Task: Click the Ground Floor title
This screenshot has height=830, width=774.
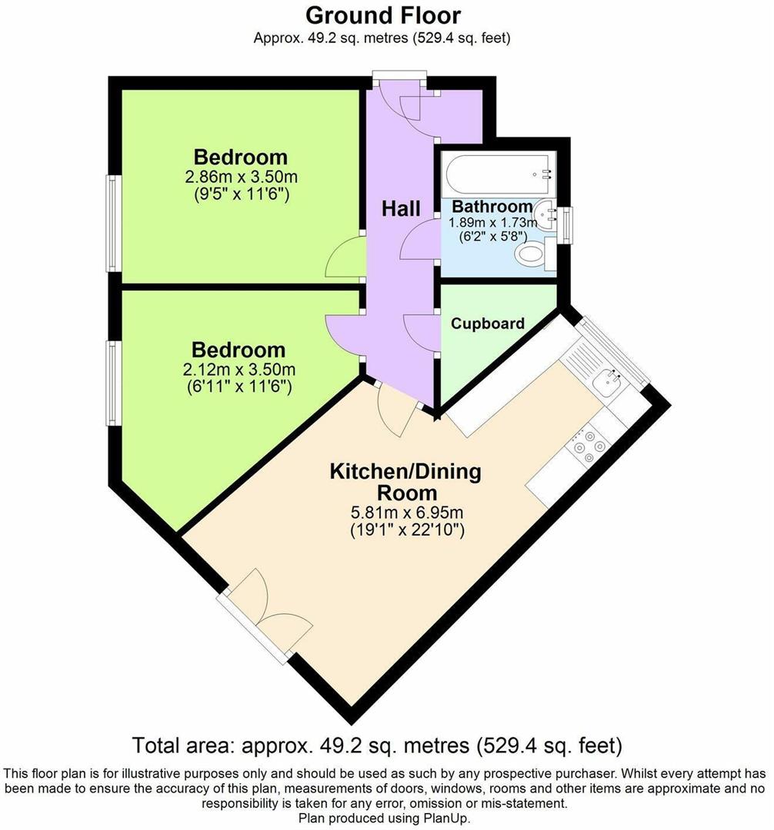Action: tap(383, 15)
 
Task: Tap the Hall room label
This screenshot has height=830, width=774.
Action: tap(402, 208)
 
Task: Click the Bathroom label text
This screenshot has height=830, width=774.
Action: tap(492, 206)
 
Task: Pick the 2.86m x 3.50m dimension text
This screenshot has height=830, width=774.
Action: tap(241, 177)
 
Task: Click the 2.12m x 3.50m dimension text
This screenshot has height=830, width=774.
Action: tap(239, 370)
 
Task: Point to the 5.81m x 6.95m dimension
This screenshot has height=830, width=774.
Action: tap(406, 512)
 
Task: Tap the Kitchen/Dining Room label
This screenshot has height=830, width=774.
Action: tap(405, 481)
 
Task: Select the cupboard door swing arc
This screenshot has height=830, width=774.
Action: tap(419, 331)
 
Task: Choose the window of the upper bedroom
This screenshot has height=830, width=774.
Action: tap(112, 223)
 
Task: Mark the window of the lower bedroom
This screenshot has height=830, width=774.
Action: tap(112, 382)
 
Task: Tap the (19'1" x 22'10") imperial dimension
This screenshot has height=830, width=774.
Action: tap(405, 530)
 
